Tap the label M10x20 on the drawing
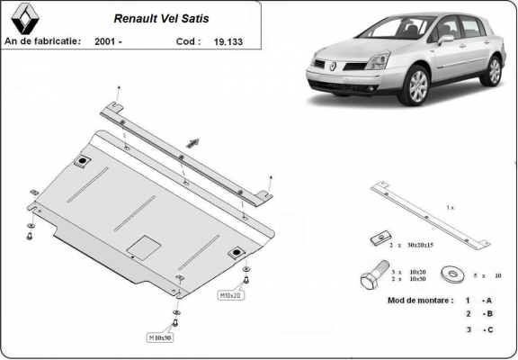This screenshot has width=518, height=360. [230, 294]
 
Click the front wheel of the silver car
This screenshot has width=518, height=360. [416, 86]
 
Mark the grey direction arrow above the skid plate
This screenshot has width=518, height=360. [192, 141]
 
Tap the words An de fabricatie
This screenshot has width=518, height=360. [42, 40]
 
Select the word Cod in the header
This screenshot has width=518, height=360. [187, 40]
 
